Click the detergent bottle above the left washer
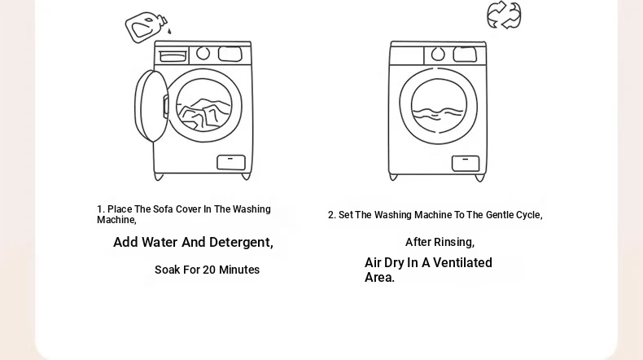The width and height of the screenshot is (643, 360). [x=146, y=27]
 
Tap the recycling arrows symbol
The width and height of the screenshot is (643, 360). [x=504, y=15]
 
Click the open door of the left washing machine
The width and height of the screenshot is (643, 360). [x=151, y=107]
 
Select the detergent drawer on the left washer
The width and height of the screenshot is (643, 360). [x=173, y=56]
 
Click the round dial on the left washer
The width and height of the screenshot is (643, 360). [x=203, y=54]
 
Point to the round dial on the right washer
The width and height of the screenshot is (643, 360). [x=438, y=55]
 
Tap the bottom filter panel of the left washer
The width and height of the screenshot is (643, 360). [x=231, y=163]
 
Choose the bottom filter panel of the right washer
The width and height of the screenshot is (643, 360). [x=466, y=164]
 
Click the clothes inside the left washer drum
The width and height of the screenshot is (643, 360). [x=203, y=114]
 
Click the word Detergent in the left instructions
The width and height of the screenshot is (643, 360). [x=241, y=242]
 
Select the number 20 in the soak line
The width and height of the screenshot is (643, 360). [x=208, y=270]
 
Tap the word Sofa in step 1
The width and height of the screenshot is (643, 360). [x=163, y=209]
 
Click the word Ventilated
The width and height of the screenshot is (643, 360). [x=462, y=263]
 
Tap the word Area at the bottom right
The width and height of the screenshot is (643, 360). [x=379, y=278]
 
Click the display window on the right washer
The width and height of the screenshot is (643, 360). [x=465, y=55]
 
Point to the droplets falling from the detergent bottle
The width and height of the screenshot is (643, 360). [x=169, y=31]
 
